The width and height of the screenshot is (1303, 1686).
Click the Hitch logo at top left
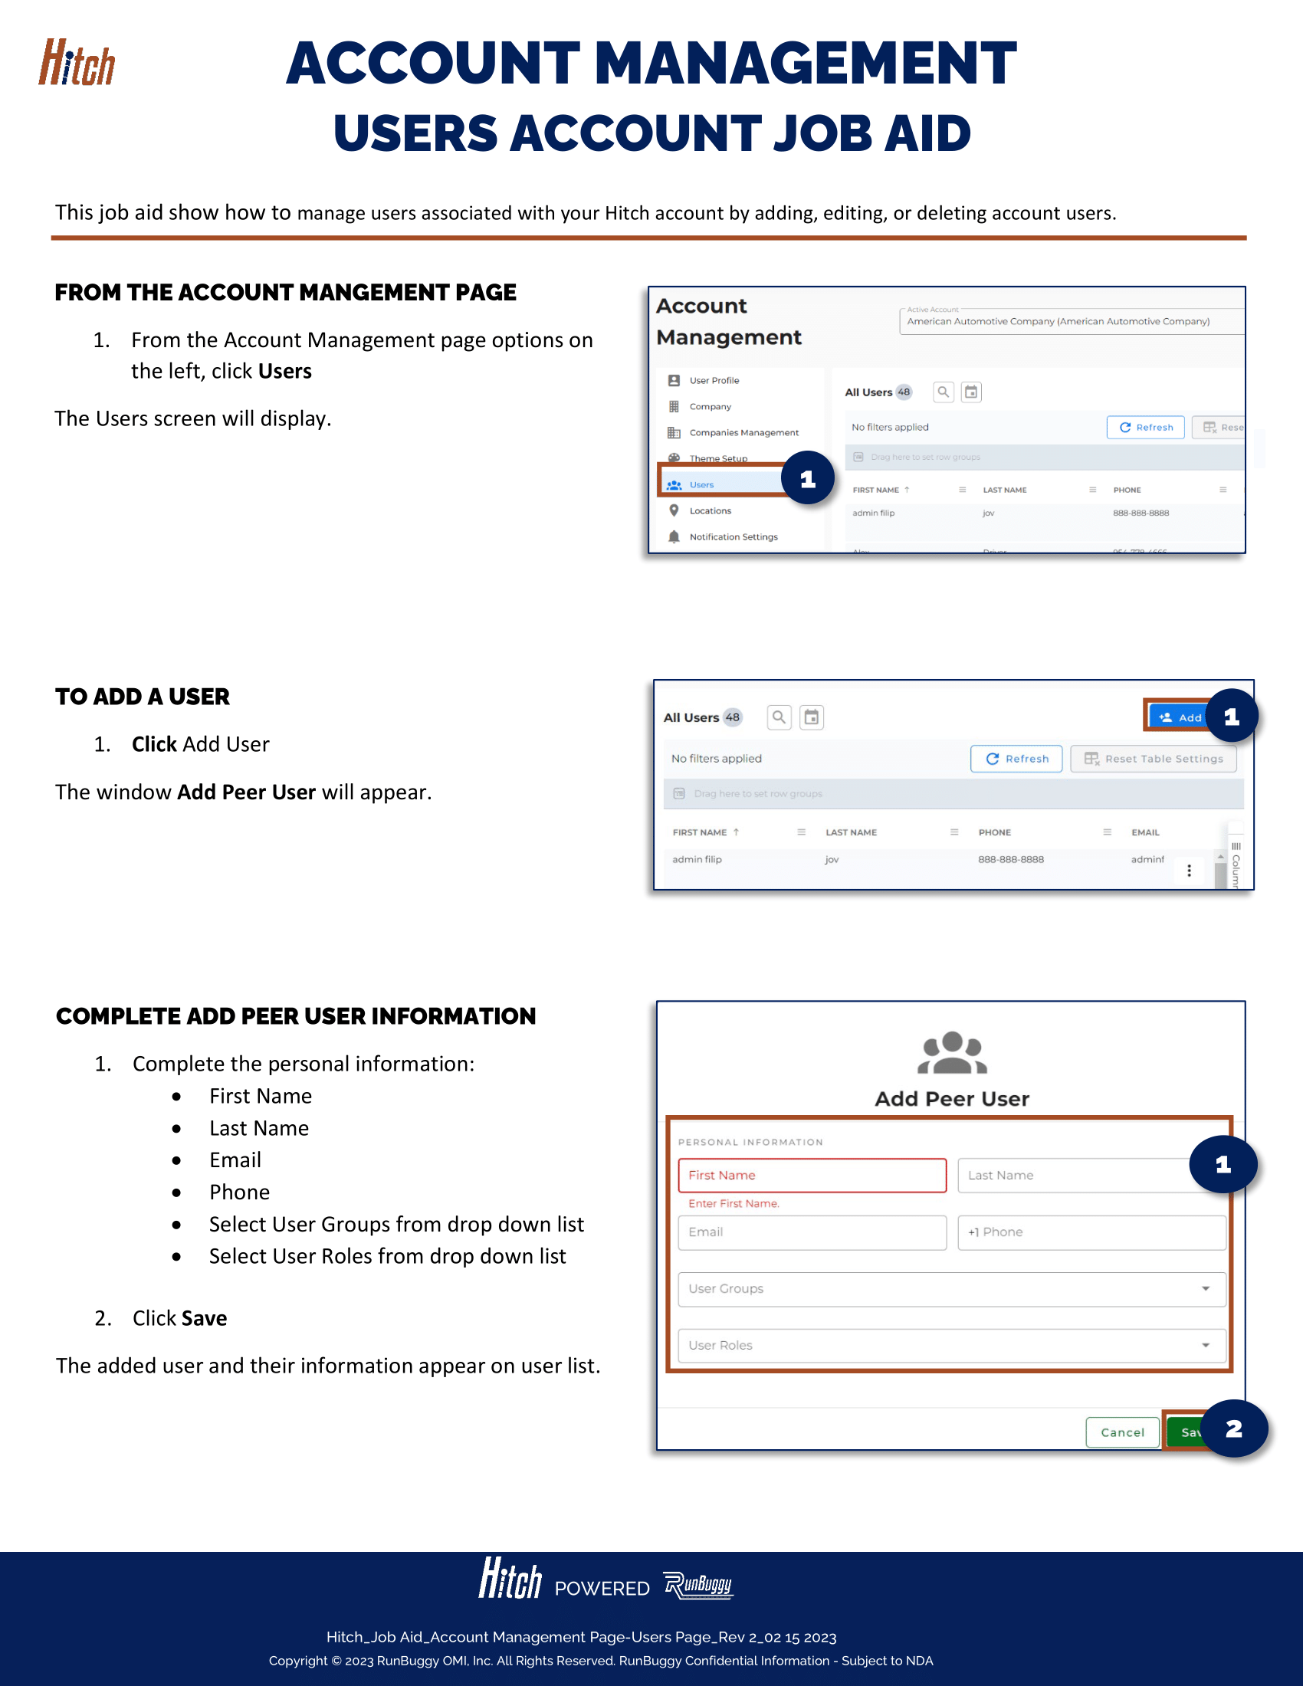coord(77,64)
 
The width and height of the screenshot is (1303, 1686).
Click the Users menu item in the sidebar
coord(701,485)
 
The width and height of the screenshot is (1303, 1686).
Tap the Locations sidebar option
coord(710,511)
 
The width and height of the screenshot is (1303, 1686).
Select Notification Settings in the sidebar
coord(733,537)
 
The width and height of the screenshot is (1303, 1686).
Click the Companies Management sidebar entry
coord(743,433)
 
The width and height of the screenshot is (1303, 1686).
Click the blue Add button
coord(1179,717)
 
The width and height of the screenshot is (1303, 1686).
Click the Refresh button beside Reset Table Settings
coord(1016,759)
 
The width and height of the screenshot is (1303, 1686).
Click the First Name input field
coord(811,1175)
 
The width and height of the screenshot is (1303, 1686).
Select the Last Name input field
coord(1073,1175)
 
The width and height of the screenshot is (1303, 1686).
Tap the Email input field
coord(811,1232)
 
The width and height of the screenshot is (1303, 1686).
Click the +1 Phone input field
coord(1091,1232)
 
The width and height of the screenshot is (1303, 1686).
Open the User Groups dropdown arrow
coord(1205,1288)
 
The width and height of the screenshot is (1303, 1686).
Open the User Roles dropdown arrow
coord(1205,1346)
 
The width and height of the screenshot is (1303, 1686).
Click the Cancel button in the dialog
coord(1121,1432)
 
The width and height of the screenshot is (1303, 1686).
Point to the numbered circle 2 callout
coord(1233,1429)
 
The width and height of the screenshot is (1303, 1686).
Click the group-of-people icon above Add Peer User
coord(952,1053)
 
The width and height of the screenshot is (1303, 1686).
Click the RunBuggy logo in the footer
coord(697,1585)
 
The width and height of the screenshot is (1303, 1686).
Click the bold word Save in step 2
coord(205,1319)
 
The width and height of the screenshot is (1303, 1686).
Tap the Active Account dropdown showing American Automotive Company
coord(1070,321)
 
